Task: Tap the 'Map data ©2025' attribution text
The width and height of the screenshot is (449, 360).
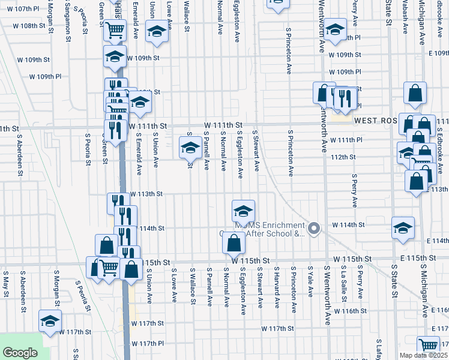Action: coord(423,355)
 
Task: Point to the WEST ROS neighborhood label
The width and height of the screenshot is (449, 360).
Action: coord(376,121)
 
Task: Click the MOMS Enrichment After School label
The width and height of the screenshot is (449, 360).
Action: coord(270,229)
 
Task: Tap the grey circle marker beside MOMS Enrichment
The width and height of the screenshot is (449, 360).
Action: coord(313,229)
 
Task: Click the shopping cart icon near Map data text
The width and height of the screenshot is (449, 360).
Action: coord(428,345)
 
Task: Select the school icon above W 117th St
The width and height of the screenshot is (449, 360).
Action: coord(50,319)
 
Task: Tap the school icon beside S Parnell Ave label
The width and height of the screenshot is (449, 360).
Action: coord(190,146)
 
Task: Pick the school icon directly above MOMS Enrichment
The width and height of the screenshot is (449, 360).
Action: coord(243,210)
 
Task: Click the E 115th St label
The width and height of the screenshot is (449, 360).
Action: coord(420,258)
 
